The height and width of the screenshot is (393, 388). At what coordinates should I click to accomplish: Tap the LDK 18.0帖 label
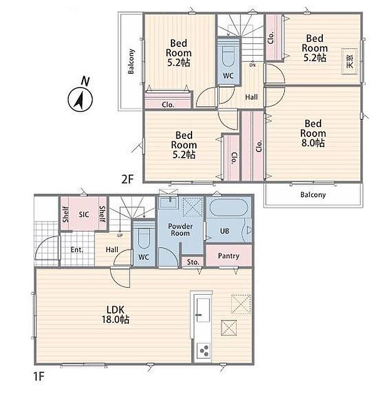tap(115, 315)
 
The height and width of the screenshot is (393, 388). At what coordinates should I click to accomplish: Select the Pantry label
tap(228, 256)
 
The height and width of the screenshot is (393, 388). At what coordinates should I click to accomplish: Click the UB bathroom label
tap(225, 230)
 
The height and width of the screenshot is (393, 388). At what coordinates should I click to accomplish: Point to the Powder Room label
tap(180, 230)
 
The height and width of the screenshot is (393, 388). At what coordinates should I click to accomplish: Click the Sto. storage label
tap(193, 262)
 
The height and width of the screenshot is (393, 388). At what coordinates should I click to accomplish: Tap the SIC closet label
tap(84, 215)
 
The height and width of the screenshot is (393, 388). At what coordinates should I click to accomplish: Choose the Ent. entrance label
tap(77, 250)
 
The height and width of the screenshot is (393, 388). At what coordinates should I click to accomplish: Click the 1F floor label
tap(39, 376)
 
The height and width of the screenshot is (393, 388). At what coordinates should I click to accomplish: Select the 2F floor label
tap(128, 179)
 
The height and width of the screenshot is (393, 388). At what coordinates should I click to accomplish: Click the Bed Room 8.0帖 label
tap(313, 133)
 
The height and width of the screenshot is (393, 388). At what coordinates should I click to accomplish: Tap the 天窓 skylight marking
tap(350, 61)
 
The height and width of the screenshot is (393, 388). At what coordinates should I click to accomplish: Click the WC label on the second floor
tap(228, 76)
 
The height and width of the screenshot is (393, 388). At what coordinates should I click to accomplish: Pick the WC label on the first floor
tap(143, 257)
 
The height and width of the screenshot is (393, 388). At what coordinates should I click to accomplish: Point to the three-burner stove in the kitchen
tap(203, 350)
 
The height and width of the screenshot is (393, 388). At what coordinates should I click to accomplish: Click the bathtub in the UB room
tap(229, 208)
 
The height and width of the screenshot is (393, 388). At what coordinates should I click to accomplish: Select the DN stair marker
tap(252, 65)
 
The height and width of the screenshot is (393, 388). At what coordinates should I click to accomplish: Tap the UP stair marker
tap(120, 235)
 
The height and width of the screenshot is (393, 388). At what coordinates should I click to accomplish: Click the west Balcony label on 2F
tap(131, 61)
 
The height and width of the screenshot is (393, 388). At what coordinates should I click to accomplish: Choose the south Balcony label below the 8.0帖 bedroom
tap(313, 195)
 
